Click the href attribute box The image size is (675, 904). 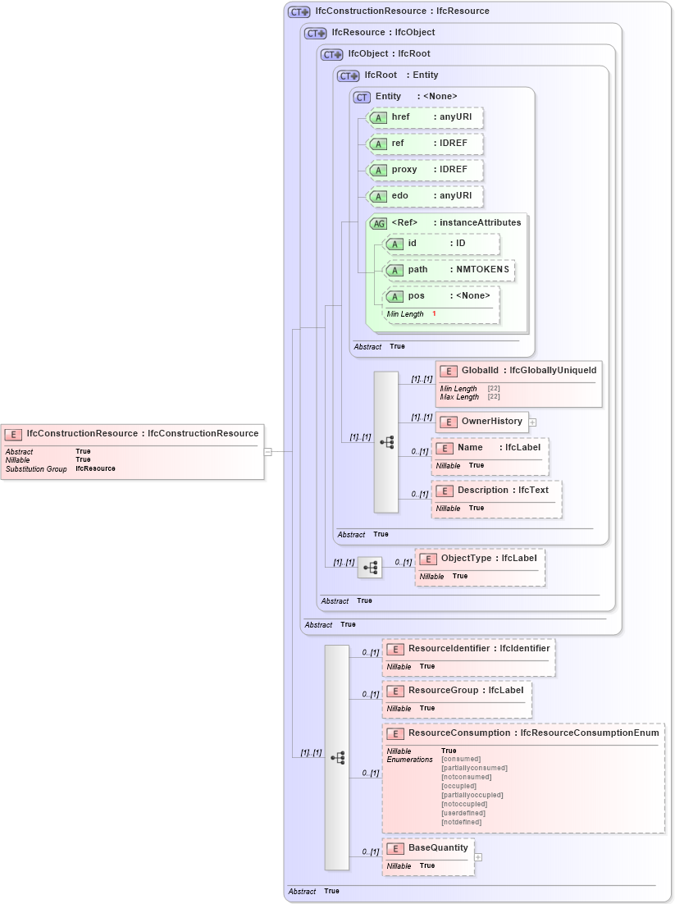423,117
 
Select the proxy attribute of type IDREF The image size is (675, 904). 423,170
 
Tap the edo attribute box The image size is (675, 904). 423,196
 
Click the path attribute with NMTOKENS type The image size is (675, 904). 449,270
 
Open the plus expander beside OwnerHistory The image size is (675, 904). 532,422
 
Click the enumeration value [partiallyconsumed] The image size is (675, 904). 474,769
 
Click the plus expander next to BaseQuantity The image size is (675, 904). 478,857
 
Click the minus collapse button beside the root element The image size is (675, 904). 267,451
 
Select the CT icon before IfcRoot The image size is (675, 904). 349,75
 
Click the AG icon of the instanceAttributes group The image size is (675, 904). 378,223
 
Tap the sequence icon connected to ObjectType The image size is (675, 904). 370,568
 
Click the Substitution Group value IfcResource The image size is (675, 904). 95,469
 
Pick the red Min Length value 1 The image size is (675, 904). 434,314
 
